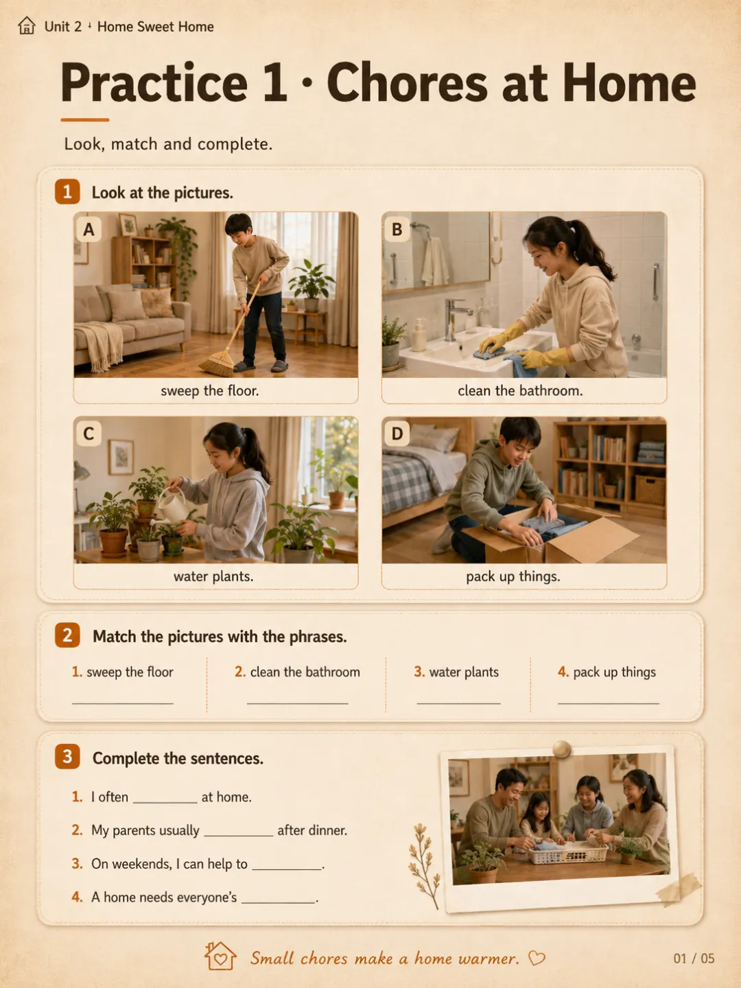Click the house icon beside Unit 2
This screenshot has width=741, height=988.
click(x=27, y=25)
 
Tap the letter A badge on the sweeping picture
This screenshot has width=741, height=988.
click(x=89, y=230)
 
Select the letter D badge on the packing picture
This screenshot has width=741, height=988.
click(x=397, y=434)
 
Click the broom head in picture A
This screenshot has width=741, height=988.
click(x=217, y=363)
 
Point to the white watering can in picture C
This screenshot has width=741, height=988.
click(x=172, y=505)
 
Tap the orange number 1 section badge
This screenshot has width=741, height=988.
click(x=67, y=191)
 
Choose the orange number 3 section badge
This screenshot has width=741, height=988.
click(x=67, y=757)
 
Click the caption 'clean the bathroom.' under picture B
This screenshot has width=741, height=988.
click(x=520, y=390)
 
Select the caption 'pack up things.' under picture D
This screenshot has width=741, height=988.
click(x=513, y=576)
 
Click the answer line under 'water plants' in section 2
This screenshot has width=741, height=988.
click(x=458, y=703)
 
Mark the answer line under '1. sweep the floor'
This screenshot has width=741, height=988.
click(x=122, y=703)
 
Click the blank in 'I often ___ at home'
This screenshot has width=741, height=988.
click(x=165, y=803)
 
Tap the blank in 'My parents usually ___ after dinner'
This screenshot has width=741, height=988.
click(x=239, y=836)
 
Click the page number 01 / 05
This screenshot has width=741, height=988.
click(x=694, y=958)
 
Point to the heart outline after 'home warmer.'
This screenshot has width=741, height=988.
click(x=537, y=958)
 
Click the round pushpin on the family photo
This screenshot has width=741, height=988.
click(x=561, y=749)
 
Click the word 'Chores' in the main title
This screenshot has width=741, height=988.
click(x=408, y=84)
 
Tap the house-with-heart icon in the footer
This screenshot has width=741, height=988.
click(x=220, y=956)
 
